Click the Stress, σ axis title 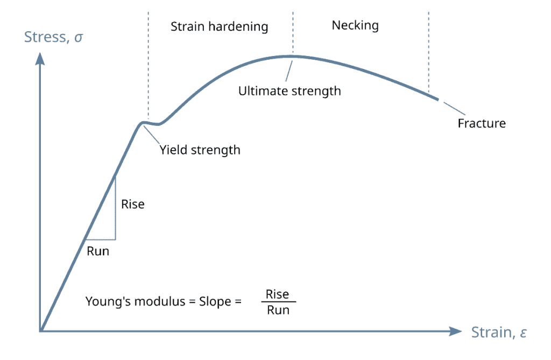(x=53, y=37)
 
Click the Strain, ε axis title (x=499, y=332)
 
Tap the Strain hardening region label (x=220, y=27)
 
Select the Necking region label (x=355, y=25)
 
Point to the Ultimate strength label (x=289, y=91)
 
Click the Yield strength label (x=200, y=150)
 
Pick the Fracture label (x=482, y=123)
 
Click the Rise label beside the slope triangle (x=133, y=204)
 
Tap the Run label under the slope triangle (x=98, y=251)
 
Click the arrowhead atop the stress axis (x=40, y=59)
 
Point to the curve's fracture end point (x=437, y=100)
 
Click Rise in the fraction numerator (x=277, y=294)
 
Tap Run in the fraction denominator (x=278, y=310)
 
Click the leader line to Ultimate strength (x=289, y=72)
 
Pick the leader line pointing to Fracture (x=454, y=108)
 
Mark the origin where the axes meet (x=41, y=331)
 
